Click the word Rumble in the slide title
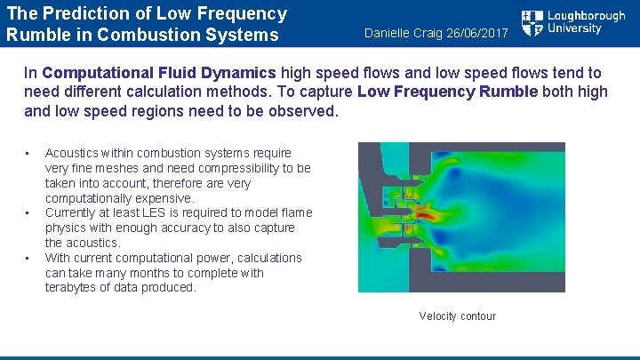click(x=37, y=36)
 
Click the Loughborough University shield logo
click(x=532, y=24)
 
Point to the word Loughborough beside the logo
click(x=586, y=17)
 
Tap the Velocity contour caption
click(x=457, y=316)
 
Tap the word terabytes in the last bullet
click(x=72, y=288)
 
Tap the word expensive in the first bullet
click(x=164, y=198)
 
